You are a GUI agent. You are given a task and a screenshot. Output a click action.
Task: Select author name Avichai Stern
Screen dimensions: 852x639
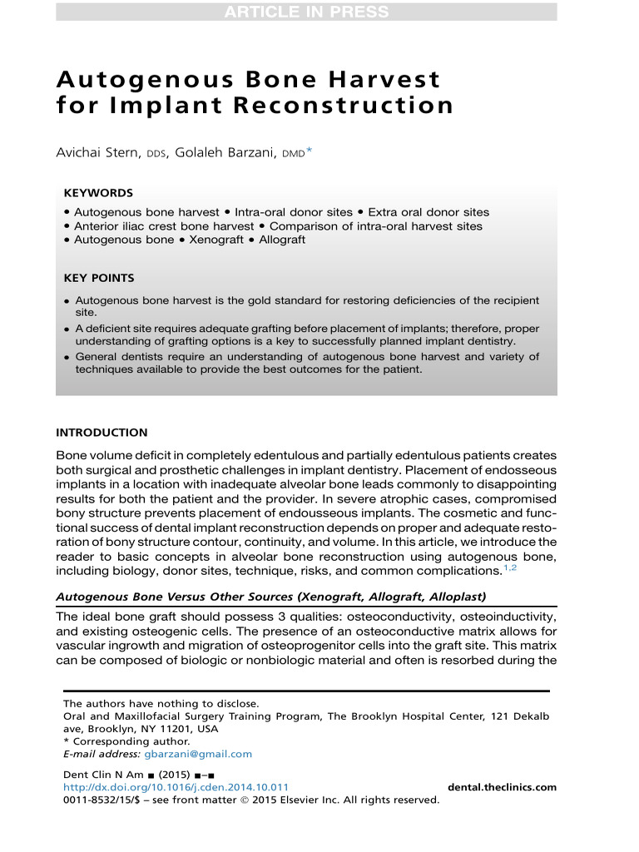pos(99,151)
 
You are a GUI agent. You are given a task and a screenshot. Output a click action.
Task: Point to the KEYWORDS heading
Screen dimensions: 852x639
pos(98,192)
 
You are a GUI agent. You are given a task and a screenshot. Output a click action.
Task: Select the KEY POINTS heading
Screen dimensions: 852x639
pos(99,278)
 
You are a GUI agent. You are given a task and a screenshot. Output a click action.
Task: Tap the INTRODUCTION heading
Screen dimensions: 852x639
pos(102,433)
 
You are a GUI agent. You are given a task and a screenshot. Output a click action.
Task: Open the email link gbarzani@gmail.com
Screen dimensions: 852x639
pos(198,754)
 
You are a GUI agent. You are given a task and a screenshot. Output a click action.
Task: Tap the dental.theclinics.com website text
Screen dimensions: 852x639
pos(502,787)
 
